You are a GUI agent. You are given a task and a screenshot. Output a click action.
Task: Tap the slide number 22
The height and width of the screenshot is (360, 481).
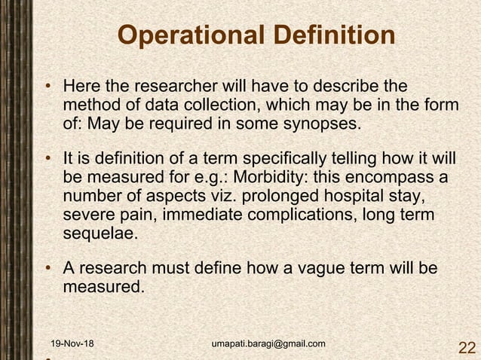pos(467,347)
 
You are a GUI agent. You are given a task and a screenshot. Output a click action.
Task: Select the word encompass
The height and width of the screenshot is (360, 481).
pos(395,178)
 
